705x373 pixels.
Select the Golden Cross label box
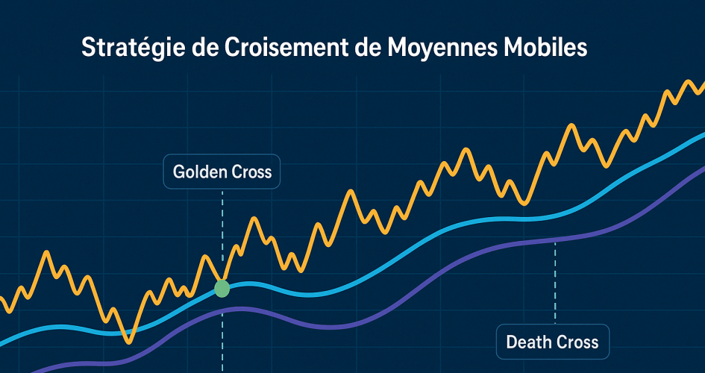(222, 172)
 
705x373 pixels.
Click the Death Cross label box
(552, 342)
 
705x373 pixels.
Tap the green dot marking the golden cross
(222, 289)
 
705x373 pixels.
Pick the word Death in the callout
(527, 342)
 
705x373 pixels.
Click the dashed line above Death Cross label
(555, 283)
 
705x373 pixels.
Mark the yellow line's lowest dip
(130, 342)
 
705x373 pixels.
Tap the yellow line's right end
(702, 82)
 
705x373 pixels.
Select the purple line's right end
(702, 169)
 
